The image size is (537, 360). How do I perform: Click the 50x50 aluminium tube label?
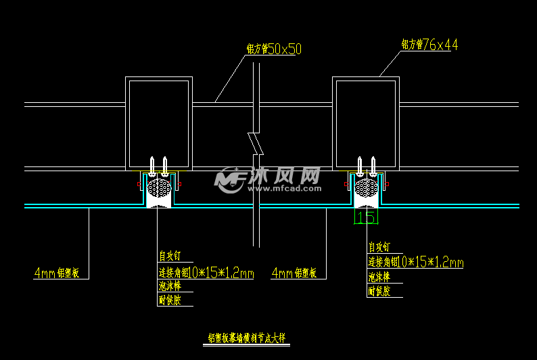274,49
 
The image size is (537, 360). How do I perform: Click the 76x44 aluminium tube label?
429,45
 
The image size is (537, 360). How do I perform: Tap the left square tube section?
159,123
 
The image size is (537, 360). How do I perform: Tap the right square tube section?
365,123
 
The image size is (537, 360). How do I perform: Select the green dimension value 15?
366,217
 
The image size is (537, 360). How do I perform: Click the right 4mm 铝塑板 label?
294,273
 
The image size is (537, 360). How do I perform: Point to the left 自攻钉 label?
170,256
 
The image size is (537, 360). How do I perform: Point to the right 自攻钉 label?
379,248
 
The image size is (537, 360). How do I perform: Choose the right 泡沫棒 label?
379,277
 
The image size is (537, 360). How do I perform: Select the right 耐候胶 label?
379,292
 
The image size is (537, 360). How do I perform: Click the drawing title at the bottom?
246,337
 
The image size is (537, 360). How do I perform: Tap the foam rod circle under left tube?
160,187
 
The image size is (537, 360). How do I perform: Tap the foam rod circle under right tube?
366,187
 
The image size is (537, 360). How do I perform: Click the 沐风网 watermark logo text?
284,177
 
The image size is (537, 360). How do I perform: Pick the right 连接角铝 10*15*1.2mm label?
415,263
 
